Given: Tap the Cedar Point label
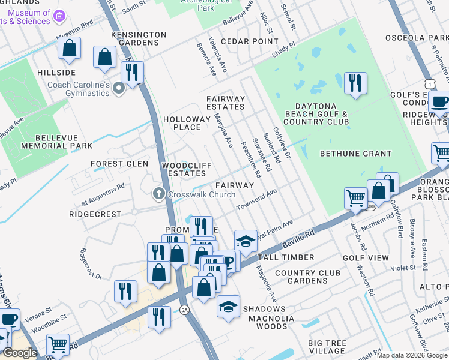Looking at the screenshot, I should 249,41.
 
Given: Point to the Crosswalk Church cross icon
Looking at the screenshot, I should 158,194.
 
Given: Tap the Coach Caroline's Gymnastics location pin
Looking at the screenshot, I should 119,90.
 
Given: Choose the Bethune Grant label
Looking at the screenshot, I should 355,154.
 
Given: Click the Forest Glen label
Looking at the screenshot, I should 119,163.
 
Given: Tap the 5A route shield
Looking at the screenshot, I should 185,310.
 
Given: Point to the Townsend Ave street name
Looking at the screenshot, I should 256,200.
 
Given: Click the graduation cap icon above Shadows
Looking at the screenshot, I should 228,305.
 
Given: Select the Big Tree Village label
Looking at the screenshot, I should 327,347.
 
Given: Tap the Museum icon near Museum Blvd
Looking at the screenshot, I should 59,16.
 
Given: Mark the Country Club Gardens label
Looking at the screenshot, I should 301,277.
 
